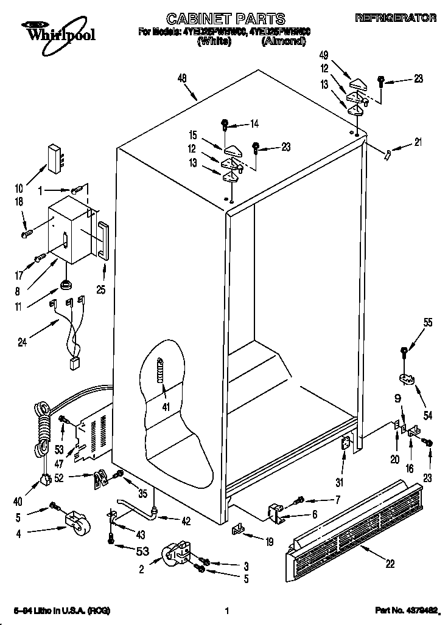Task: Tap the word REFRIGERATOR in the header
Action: pyautogui.click(x=396, y=18)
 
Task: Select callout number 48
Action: pyautogui.click(x=181, y=78)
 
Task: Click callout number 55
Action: pyautogui.click(x=429, y=323)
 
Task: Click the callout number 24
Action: pyautogui.click(x=22, y=342)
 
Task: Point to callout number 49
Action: pyautogui.click(x=323, y=56)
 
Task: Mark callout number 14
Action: pyautogui.click(x=254, y=124)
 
